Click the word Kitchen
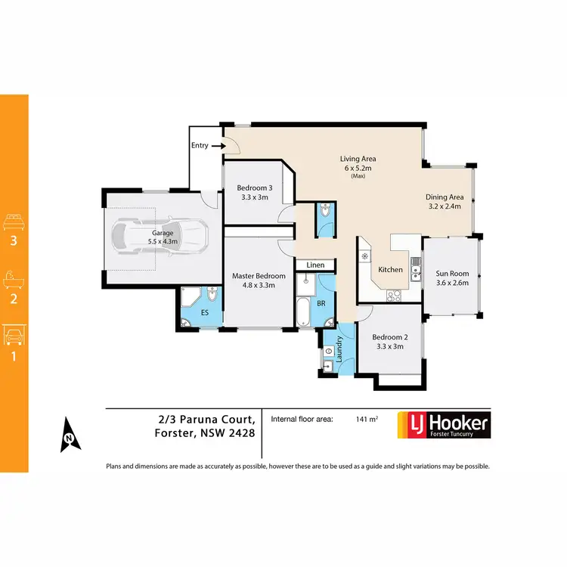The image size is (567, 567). [391, 270]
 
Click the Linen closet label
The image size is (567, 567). [315, 265]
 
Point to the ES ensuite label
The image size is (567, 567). [204, 311]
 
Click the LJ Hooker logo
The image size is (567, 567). [443, 424]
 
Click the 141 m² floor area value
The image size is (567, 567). [367, 418]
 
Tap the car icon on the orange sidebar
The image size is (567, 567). [14, 334]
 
